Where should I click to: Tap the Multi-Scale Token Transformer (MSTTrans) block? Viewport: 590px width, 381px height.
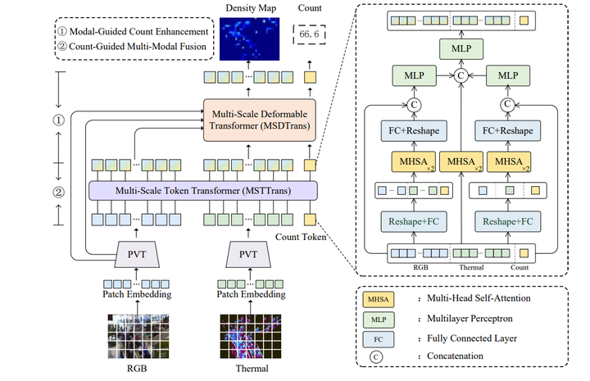point(202,191)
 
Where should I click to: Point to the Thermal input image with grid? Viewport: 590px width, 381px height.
point(247,336)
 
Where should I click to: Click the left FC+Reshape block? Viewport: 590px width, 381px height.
point(414,132)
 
